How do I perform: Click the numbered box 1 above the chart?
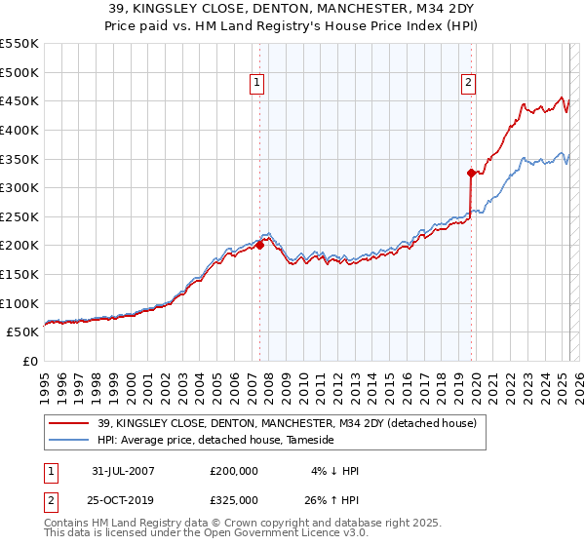coord(256,84)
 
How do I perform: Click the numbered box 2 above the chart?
coord(469,84)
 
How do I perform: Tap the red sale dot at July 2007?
coord(260,246)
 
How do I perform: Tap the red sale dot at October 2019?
coord(471,174)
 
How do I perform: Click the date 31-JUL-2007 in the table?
coord(122,471)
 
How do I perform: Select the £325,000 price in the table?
coord(234,500)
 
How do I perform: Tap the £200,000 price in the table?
coord(234,471)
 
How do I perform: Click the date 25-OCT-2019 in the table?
coord(123,500)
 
